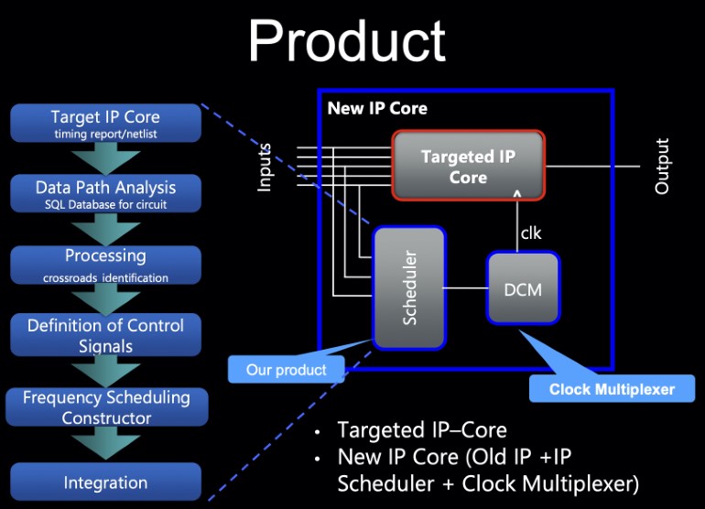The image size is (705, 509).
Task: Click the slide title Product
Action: [346, 41]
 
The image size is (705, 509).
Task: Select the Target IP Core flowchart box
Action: [105, 124]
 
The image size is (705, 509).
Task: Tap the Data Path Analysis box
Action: [105, 193]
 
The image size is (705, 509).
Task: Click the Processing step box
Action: [105, 264]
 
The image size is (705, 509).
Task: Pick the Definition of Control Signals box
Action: [105, 335]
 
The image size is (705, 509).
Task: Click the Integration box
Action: [105, 482]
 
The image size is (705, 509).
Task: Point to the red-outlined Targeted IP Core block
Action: [468, 166]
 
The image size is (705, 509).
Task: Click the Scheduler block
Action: [409, 288]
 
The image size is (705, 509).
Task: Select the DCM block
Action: [523, 289]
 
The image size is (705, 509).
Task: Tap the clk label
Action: [531, 233]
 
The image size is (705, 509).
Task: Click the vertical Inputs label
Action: [265, 167]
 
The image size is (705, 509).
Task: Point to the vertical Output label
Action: [662, 166]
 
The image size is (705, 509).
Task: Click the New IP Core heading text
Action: [377, 109]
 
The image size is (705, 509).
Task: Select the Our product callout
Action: [287, 370]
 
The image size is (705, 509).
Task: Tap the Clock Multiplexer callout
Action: [612, 389]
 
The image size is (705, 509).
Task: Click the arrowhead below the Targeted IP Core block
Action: [518, 194]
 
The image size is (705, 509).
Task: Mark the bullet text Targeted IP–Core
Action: [421, 430]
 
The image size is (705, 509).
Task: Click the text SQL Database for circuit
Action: [105, 205]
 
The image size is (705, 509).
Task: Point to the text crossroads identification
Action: [105, 277]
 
